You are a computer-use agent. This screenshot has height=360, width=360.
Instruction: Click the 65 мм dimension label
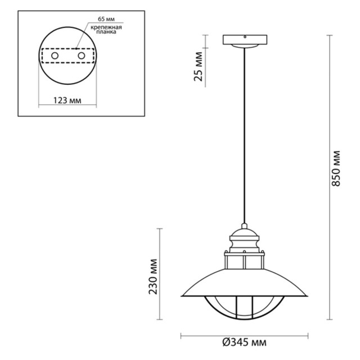click(x=106, y=19)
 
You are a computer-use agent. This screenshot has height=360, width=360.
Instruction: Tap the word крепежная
click(x=106, y=28)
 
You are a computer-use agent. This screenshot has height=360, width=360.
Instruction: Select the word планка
click(x=106, y=32)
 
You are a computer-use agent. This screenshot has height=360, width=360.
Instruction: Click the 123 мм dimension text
click(x=67, y=100)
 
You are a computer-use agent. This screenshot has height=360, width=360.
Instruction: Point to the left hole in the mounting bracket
click(x=55, y=56)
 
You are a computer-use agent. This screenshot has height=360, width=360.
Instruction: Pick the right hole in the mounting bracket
click(x=81, y=56)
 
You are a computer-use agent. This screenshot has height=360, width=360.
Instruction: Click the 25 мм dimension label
click(x=199, y=66)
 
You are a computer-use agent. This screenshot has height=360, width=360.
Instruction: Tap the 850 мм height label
click(x=336, y=168)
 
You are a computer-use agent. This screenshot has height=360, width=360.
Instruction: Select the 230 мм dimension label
click(x=153, y=277)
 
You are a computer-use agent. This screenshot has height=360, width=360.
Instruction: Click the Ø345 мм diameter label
click(x=245, y=343)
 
